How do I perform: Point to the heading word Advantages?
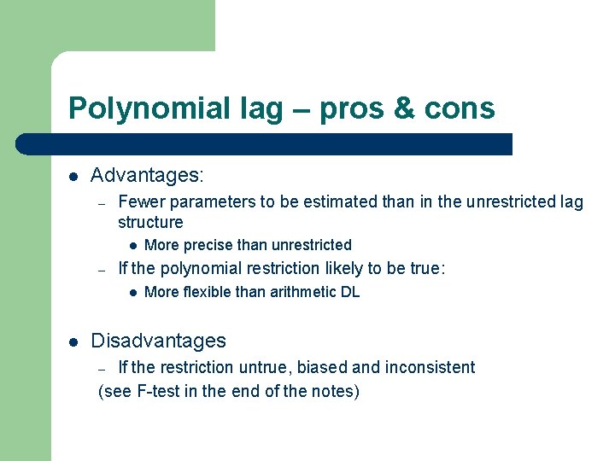click(x=147, y=176)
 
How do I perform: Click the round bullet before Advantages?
click(x=73, y=177)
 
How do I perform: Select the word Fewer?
click(x=139, y=202)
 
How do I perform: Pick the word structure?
click(x=150, y=223)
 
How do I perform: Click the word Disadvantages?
click(x=158, y=341)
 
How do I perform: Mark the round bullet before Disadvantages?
click(x=73, y=341)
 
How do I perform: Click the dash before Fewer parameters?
click(x=101, y=203)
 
